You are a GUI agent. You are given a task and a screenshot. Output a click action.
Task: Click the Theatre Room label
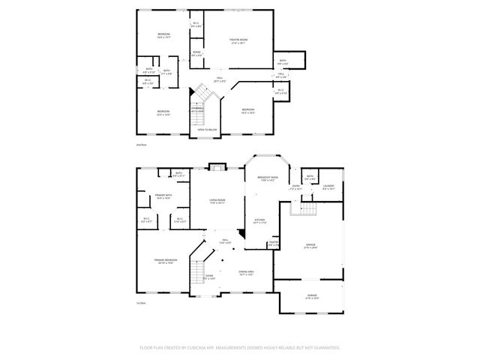pyautogui.click(x=238, y=40)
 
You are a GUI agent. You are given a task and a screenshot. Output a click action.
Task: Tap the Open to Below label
pyautogui.click(x=207, y=130)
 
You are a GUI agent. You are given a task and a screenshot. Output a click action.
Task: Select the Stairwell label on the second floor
pyautogui.click(x=197, y=109)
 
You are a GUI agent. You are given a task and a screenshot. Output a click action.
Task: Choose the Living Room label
pyautogui.click(x=217, y=201)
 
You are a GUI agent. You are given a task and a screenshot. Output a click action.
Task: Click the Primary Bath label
pyautogui.click(x=163, y=196)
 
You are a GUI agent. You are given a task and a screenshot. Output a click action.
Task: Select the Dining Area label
pyautogui.click(x=245, y=273)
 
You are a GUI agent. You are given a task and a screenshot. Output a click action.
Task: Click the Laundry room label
pyautogui.click(x=328, y=187)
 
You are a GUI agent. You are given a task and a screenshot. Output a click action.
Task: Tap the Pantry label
pyautogui.click(x=274, y=243)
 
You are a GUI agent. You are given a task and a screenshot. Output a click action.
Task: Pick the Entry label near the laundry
pyautogui.click(x=296, y=187)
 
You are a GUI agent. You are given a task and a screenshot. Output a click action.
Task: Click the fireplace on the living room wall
pyautogui.click(x=216, y=166)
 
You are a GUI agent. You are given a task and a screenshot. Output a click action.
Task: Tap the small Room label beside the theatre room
pyautogui.click(x=196, y=54)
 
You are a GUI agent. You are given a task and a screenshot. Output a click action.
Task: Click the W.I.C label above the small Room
pyautogui.click(x=196, y=24)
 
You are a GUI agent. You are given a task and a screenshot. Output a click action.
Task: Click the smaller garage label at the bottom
pyautogui.click(x=311, y=296)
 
